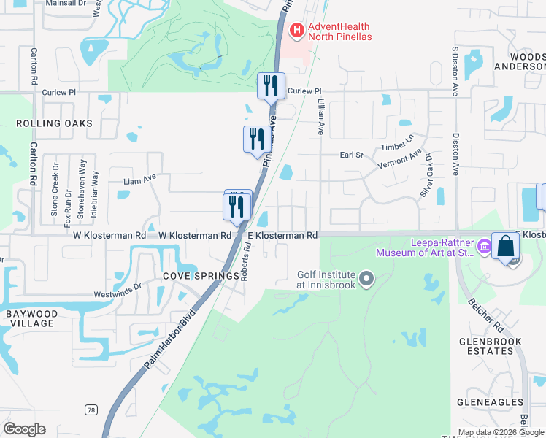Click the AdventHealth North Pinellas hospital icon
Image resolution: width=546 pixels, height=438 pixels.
click(297, 30)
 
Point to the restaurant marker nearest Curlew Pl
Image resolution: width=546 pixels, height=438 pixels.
click(270, 85)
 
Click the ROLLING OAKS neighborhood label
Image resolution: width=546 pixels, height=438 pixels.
click(55, 123)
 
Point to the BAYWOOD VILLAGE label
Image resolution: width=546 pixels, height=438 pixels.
click(31, 318)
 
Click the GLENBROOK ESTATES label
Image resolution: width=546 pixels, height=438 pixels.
click(496, 346)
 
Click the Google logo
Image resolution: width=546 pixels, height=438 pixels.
click(24, 429)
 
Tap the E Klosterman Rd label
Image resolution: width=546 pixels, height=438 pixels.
click(282, 236)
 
